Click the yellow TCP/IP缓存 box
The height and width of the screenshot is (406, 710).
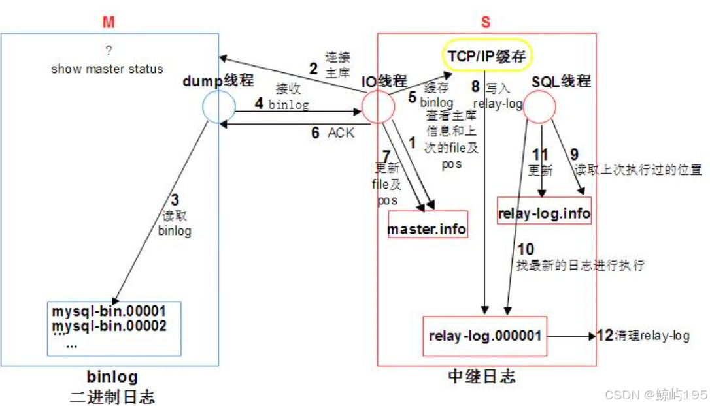click(486, 57)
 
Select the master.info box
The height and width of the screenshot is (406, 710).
click(428, 230)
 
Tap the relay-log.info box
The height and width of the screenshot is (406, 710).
click(544, 213)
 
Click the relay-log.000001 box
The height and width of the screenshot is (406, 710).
click(485, 336)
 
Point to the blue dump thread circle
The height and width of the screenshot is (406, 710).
click(218, 107)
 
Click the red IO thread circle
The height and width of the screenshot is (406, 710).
click(378, 107)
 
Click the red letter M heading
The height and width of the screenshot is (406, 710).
click(108, 22)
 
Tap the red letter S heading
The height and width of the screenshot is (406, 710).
click(485, 22)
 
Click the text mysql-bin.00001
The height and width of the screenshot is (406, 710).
click(109, 311)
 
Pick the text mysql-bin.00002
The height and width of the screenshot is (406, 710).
click(109, 325)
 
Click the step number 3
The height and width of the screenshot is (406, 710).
click(175, 200)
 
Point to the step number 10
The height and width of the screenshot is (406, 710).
click(525, 249)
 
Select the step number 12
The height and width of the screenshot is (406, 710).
click(605, 336)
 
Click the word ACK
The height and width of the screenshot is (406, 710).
click(341, 133)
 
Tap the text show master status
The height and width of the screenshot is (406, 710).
click(107, 69)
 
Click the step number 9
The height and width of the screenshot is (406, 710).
click(574, 155)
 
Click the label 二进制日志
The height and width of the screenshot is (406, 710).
click(112, 396)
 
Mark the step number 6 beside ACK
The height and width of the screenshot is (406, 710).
click(315, 133)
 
